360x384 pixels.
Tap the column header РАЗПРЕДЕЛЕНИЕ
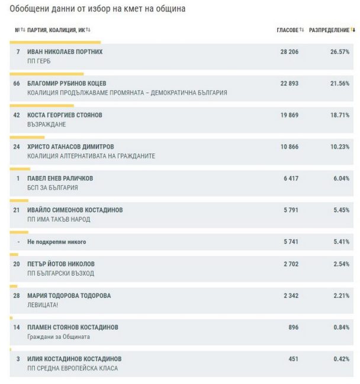point(329,30)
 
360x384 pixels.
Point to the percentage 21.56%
point(339,84)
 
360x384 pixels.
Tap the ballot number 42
point(17,116)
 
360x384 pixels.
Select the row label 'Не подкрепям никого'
point(57,242)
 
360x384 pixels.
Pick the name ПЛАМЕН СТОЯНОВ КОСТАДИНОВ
point(73,327)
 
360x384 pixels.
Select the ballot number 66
point(17,84)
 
